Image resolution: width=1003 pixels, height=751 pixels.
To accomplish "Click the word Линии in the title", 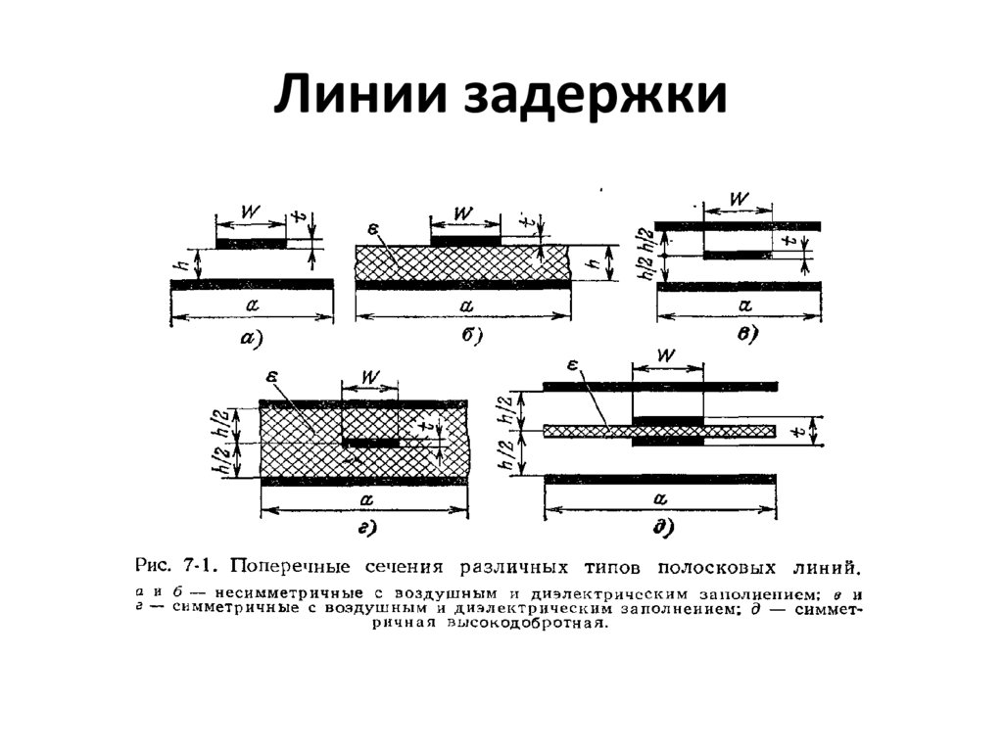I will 345,100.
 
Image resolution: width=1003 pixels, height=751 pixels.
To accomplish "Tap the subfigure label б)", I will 470,337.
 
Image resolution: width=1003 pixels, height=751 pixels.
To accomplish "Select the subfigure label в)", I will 746,335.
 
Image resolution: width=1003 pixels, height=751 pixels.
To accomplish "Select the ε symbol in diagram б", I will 373,229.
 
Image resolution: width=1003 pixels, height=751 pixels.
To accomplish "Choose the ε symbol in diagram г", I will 270,377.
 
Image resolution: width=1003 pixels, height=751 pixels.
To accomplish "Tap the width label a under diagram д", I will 658,498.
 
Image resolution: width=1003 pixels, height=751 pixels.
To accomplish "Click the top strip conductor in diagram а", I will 251,243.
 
